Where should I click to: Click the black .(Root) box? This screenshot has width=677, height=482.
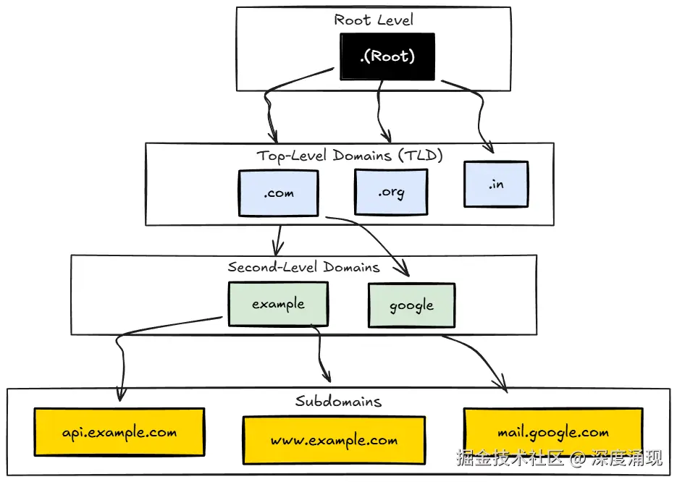(x=387, y=56)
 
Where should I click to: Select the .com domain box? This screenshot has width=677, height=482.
(x=278, y=193)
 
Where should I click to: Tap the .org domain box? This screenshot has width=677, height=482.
(x=391, y=193)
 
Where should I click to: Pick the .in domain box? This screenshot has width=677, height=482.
(x=496, y=184)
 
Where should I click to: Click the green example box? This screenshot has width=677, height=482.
(x=278, y=304)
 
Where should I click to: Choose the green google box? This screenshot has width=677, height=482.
(x=411, y=305)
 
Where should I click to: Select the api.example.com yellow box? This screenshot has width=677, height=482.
(x=119, y=433)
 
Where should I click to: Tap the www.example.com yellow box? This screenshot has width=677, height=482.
(x=334, y=440)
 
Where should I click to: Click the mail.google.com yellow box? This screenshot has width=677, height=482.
(x=552, y=433)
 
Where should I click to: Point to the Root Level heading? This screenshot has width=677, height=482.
(x=374, y=20)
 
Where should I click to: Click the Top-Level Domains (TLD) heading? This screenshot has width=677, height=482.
(x=349, y=156)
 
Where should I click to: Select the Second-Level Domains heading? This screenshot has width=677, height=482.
(x=303, y=267)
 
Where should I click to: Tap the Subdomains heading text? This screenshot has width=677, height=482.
(x=338, y=401)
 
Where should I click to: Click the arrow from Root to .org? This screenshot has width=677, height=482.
(x=379, y=109)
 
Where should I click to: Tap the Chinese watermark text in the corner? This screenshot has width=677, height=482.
(x=558, y=458)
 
